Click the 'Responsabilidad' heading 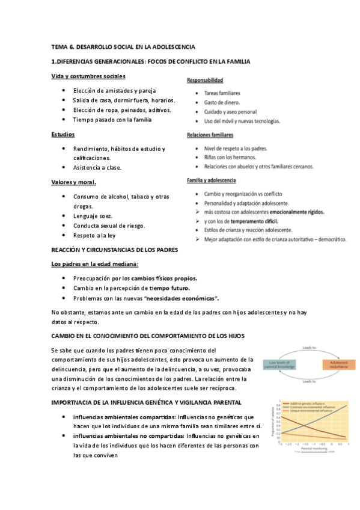point(205,81)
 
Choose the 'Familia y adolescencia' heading point(211,180)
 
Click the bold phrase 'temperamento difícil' point(245,221)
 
